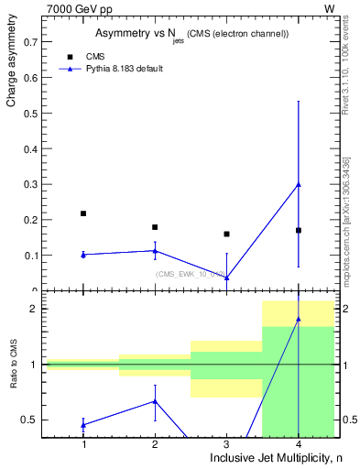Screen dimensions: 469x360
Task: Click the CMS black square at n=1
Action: [83, 213]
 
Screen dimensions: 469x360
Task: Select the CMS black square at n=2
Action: [155, 227]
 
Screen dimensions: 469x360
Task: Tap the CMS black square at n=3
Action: [226, 234]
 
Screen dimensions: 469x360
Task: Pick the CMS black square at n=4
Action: [299, 230]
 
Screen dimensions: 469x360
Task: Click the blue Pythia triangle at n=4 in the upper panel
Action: [299, 185]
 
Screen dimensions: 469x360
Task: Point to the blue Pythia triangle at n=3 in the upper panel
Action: [226, 277]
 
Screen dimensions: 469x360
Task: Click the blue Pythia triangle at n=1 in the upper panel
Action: [83, 255]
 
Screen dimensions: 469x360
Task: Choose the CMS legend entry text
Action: [95, 57]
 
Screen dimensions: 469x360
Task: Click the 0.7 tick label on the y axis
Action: [29, 42]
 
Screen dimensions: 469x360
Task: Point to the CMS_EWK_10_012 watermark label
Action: [190, 274]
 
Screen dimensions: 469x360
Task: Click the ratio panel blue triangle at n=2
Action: [155, 401]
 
